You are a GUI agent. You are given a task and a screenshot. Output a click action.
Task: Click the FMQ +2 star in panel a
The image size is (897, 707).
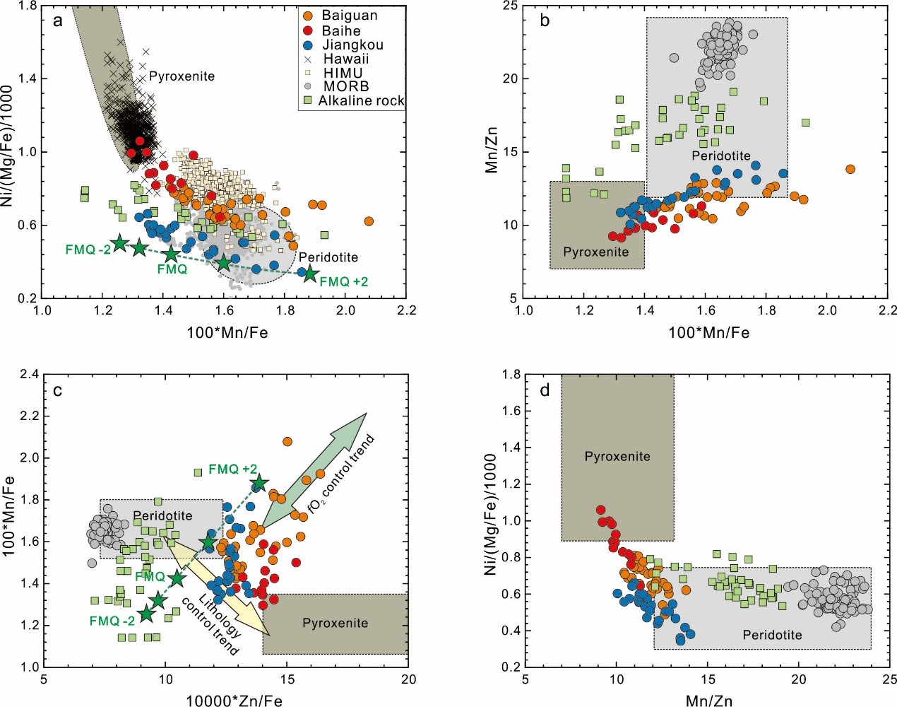tap(310, 273)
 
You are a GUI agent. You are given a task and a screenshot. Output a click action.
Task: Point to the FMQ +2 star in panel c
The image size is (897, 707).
tap(259, 483)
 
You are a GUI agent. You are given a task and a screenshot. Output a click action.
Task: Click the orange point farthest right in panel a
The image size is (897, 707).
tap(369, 221)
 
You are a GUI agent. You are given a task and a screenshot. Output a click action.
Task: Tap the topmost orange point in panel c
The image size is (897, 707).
tap(287, 442)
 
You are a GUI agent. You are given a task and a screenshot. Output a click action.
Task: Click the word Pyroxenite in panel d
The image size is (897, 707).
tap(617, 457)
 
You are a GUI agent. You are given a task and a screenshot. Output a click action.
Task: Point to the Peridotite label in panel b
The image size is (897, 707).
tap(720, 156)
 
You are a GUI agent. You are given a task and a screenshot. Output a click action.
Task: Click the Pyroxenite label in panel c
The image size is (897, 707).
tap(335, 623)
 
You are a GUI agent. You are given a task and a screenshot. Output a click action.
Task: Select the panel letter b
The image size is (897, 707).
tap(545, 21)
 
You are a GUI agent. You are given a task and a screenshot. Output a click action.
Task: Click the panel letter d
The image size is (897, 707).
tap(545, 390)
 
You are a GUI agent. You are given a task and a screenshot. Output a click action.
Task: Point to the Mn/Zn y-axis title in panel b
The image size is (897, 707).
tap(492, 150)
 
